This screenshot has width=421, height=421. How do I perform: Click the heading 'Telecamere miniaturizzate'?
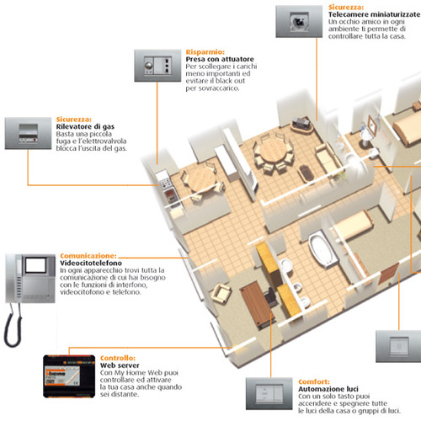[x=375, y=14]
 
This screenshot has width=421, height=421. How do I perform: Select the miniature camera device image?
[x=299, y=21]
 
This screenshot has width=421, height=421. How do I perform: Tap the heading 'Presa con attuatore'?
[x=220, y=59]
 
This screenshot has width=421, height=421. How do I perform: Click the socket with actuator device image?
[x=157, y=66]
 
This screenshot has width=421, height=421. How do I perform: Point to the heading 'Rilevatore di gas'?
[x=85, y=127]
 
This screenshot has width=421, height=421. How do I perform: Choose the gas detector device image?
[x=28, y=133]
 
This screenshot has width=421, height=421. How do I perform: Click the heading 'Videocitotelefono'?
[x=91, y=264]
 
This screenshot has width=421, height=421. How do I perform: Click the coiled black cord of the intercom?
[x=13, y=326]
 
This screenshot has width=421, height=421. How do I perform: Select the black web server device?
[x=69, y=376]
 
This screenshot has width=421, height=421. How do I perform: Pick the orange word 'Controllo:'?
[x=118, y=358]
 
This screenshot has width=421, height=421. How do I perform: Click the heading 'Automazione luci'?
[x=328, y=389]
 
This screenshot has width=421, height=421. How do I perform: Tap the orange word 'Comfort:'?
[x=314, y=382]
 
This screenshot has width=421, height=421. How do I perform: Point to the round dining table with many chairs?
[x=272, y=151]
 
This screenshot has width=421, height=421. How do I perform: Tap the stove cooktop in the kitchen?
[x=165, y=183]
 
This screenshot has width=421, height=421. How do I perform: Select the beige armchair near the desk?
[x=221, y=293]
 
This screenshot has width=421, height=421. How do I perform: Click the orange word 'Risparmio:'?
[x=205, y=52]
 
